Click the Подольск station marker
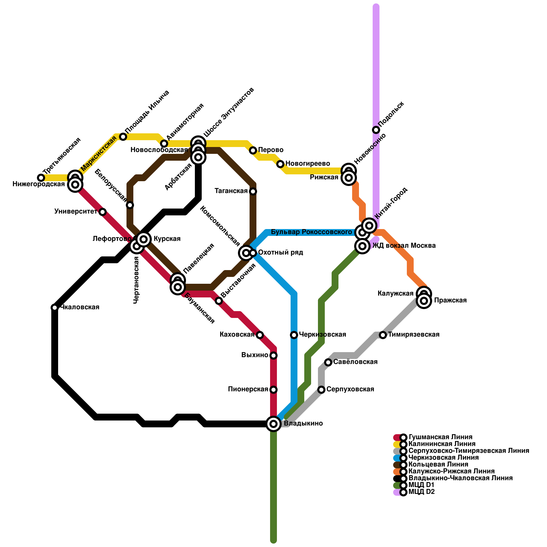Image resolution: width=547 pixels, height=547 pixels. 376,130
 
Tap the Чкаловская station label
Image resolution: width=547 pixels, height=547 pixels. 80,307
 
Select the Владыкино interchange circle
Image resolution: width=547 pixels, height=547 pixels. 273,424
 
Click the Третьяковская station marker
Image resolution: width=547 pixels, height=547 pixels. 41,178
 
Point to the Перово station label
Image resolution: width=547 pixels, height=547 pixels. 271,150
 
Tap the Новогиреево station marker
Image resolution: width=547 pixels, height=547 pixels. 280,164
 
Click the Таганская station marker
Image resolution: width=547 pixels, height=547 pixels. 253,191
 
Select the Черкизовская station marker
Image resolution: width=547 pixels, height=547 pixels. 294,335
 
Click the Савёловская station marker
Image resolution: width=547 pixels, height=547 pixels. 328,362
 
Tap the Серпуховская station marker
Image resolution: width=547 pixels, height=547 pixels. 321,390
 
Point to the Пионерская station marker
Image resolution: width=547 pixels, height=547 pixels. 273,390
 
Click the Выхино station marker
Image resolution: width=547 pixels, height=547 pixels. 273,356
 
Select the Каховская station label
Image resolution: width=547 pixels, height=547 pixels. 237,335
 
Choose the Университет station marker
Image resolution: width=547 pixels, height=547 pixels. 103,212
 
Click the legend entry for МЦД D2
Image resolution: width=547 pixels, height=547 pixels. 422,492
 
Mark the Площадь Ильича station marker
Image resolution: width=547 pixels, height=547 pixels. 123,137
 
